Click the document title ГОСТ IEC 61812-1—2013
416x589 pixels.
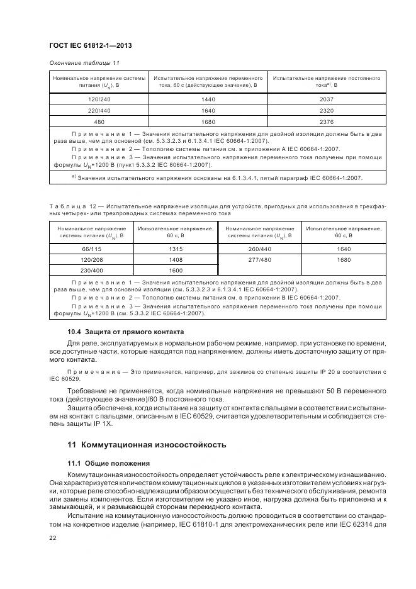point(91,47)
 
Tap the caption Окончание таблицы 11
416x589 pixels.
point(84,63)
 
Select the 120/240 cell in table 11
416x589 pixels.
point(99,99)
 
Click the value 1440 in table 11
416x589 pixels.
point(208,99)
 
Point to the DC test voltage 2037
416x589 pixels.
point(326,99)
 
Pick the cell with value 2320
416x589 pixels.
point(326,110)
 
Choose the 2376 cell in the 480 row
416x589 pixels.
point(326,121)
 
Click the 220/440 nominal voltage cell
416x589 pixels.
point(99,110)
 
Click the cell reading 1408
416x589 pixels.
point(176,259)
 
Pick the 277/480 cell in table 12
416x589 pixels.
point(260,259)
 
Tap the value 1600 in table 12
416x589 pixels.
point(176,270)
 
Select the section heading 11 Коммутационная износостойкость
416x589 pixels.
point(147,444)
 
